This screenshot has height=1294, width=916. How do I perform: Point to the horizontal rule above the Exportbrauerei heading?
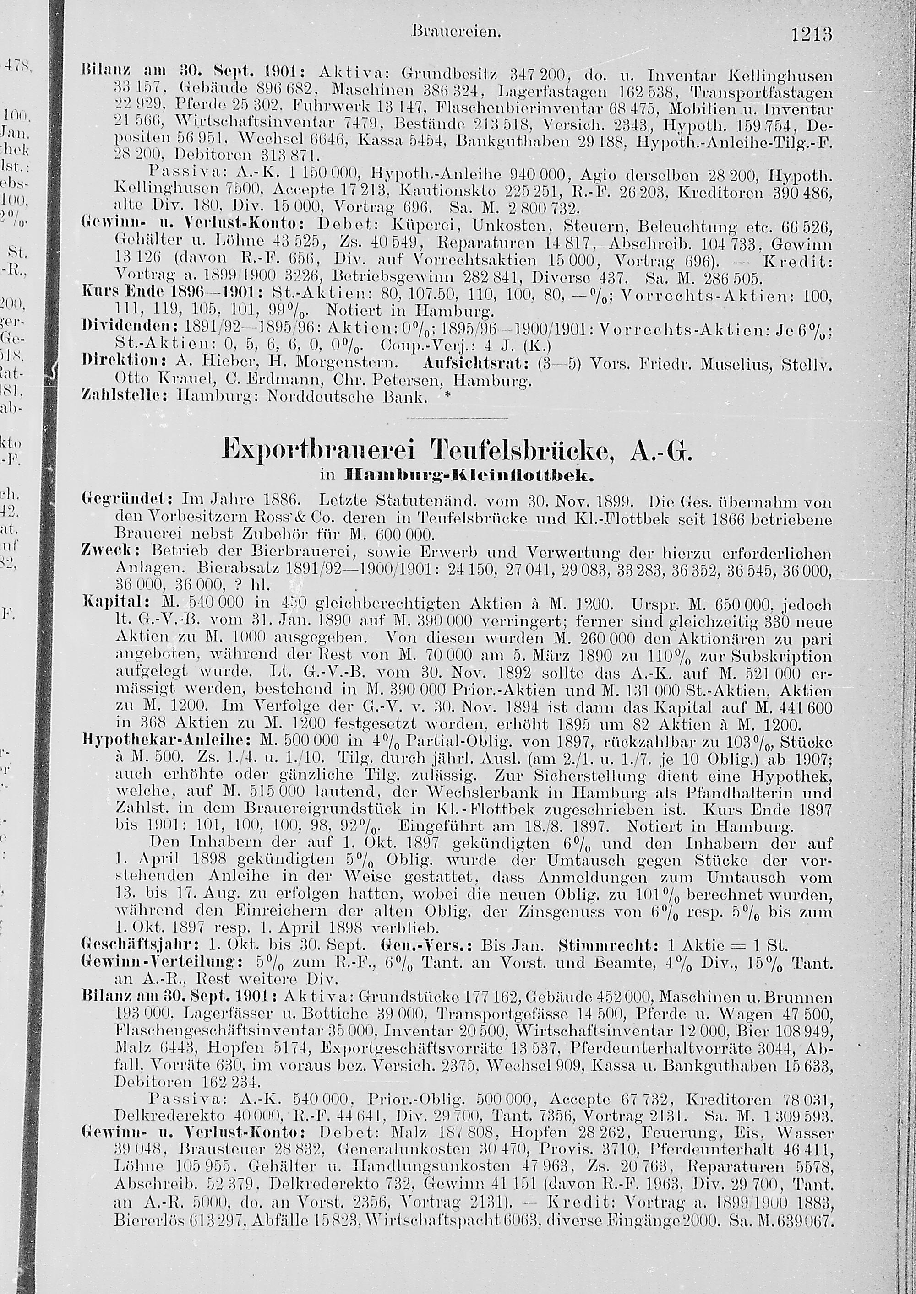[x=458, y=419]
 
